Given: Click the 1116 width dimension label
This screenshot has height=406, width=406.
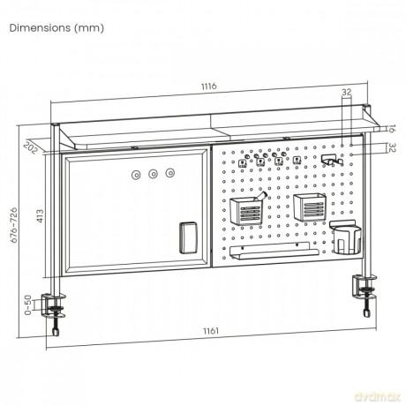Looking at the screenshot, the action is point(209,86).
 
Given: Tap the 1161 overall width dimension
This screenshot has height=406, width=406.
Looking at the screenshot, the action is point(211,331).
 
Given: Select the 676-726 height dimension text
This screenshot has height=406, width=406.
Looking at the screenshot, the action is point(14,225).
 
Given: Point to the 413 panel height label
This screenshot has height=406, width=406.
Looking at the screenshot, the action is point(40,215).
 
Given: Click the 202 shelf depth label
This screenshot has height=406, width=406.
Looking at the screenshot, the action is point(31,147).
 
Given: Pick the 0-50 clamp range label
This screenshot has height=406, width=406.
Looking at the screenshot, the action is point(27,304).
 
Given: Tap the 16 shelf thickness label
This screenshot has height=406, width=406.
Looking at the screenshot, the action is point(391,129).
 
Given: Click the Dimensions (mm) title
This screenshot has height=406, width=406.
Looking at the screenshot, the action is point(56,28).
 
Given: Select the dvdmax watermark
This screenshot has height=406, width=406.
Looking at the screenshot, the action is point(378,397).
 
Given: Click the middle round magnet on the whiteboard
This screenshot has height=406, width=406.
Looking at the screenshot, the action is point(153,174).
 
